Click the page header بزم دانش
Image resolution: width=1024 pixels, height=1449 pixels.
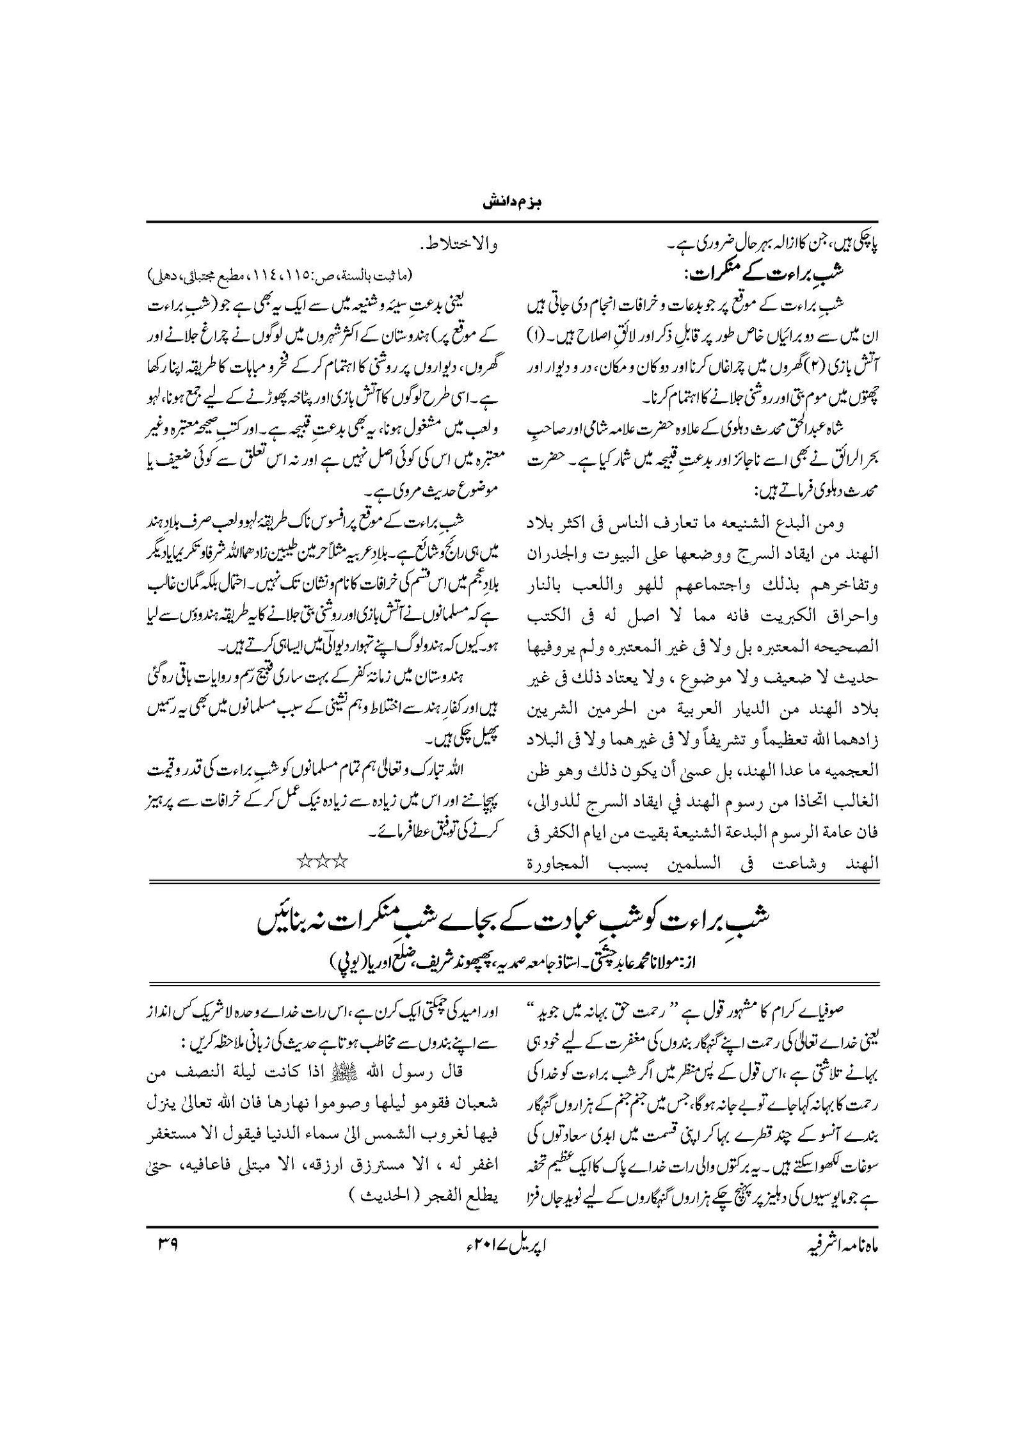pyautogui.click(x=511, y=206)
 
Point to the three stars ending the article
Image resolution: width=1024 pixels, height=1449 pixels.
pyautogui.click(x=324, y=860)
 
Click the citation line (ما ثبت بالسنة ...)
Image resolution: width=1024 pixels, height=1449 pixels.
pyautogui.click(x=282, y=276)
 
